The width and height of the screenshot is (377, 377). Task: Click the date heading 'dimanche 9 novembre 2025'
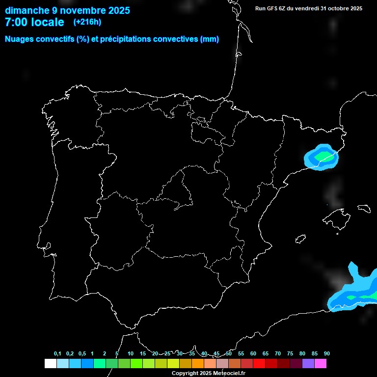(x=67, y=10)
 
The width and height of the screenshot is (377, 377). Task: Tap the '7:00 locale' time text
(x=34, y=22)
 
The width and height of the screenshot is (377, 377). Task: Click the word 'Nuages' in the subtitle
(x=21, y=39)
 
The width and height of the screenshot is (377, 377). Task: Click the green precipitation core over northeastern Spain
(x=323, y=156)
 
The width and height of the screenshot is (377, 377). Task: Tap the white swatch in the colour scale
(x=50, y=364)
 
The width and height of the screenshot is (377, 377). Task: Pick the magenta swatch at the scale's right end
(x=321, y=364)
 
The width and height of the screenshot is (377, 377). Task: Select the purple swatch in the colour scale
(x=308, y=364)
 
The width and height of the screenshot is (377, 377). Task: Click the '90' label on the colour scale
(x=327, y=354)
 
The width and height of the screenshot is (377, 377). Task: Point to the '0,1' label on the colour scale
(x=57, y=354)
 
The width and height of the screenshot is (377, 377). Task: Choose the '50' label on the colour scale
(x=229, y=354)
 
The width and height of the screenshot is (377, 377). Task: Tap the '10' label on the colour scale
(x=131, y=354)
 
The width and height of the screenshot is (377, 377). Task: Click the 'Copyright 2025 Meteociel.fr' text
(x=209, y=374)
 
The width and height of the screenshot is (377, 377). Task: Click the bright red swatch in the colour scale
(x=259, y=364)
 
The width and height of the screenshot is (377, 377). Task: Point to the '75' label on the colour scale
(x=290, y=354)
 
